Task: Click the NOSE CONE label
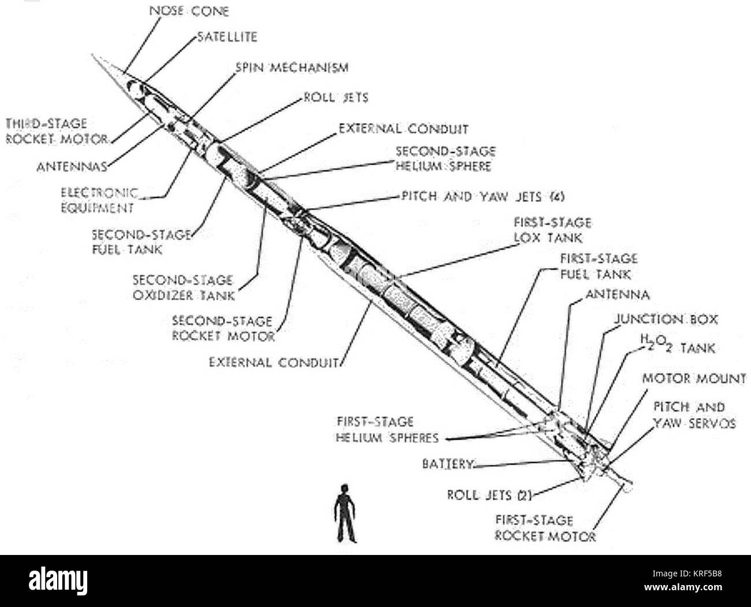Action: tap(188, 10)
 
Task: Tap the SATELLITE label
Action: tap(227, 37)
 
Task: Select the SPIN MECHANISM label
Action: tap(292, 68)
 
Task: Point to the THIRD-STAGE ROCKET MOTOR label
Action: tap(56, 131)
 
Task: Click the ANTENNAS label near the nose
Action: tap(72, 167)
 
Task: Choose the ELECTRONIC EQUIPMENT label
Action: tap(99, 200)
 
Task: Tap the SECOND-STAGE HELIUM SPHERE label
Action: tap(445, 158)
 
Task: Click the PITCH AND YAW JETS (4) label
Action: tap(482, 197)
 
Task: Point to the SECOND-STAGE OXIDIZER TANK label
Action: tap(184, 287)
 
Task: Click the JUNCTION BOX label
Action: tap(666, 319)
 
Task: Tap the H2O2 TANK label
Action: tap(677, 347)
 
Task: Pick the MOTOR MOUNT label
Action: tap(693, 379)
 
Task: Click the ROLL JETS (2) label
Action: tap(489, 495)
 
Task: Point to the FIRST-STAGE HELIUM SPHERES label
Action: tap(387, 430)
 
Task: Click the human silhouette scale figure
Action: tap(345, 513)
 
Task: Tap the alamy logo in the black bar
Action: tap(58, 579)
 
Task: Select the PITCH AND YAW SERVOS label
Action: tap(694, 415)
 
